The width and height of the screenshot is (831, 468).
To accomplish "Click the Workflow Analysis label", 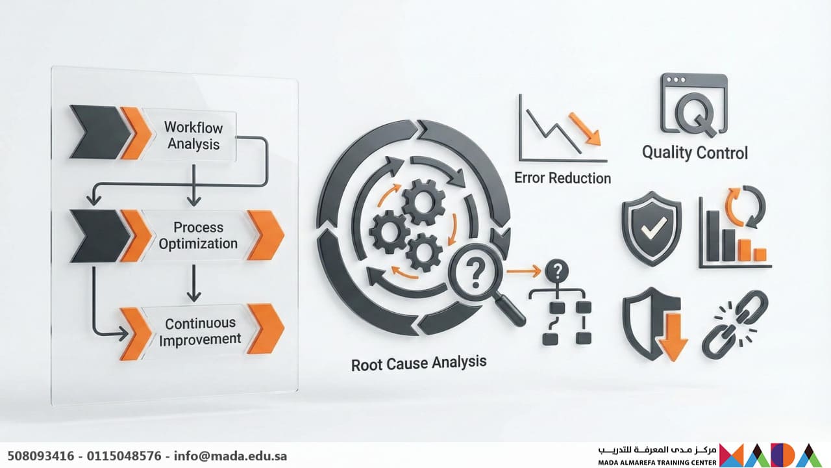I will coord(192,135).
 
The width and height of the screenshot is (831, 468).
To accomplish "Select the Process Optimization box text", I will coord(198,236).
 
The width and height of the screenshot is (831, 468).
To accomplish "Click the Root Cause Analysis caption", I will coord(418,362).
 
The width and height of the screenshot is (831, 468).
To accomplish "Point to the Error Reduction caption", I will coord(562,177).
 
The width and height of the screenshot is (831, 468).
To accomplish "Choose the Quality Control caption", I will coord(695,153).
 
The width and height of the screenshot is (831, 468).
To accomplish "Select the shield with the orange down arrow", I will coord(654,328).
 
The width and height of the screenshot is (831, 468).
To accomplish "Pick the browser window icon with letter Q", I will coord(694,104).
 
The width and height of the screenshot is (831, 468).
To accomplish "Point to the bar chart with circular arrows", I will coord(734,231).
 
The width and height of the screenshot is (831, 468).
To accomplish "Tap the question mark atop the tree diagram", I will coord(557,270).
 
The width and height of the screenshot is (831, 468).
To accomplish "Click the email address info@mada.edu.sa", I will coord(230,456).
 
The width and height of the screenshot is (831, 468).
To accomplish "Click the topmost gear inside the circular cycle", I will coord(423,203).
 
